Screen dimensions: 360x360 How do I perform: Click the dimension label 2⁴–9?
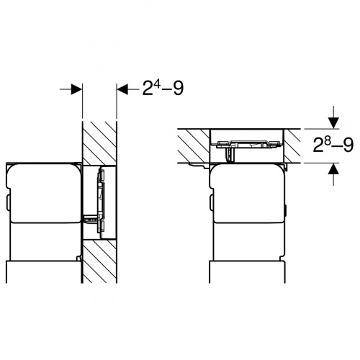[163, 88]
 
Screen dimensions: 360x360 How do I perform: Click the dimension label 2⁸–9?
[333, 145]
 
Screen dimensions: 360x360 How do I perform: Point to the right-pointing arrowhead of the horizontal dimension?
[77, 89]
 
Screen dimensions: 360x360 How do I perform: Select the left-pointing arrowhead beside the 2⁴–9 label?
[122, 89]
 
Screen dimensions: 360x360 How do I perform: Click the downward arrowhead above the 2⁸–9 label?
[333, 123]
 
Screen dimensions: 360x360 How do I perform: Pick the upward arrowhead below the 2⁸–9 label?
[333, 168]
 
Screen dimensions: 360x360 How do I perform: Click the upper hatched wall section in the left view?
[99, 143]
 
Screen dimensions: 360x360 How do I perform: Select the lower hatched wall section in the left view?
[99, 261]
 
